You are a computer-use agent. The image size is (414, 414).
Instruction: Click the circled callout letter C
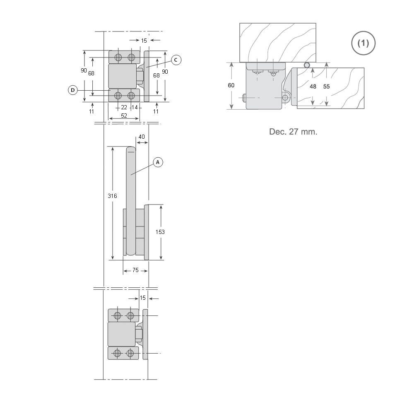pyautogui.click(x=176, y=60)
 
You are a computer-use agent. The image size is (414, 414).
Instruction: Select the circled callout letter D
pyautogui.click(x=73, y=90)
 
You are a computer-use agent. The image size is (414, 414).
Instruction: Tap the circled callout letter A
pyautogui.click(x=158, y=162)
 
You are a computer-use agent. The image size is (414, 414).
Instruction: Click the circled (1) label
pyautogui.click(x=363, y=43)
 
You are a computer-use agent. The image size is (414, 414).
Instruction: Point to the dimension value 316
pyautogui.click(x=113, y=196)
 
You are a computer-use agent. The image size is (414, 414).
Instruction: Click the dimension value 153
pyautogui.click(x=160, y=232)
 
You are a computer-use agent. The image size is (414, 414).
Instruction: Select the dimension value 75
pyautogui.click(x=135, y=270)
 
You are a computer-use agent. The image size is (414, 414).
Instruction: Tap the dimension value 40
pyautogui.click(x=142, y=137)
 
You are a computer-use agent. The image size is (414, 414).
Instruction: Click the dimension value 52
pyautogui.click(x=124, y=116)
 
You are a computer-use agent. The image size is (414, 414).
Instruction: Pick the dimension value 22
pyautogui.click(x=124, y=108)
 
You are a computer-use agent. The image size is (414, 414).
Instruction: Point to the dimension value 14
pyautogui.click(x=135, y=108)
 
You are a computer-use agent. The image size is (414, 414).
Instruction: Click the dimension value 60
pyautogui.click(x=231, y=85)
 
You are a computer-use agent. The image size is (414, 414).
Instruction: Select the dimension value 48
pyautogui.click(x=313, y=87)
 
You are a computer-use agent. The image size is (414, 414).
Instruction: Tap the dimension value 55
pyautogui.click(x=327, y=87)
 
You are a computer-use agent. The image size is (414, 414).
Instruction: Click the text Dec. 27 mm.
pyautogui.click(x=293, y=132)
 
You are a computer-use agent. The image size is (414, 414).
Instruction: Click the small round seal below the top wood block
pyautogui.click(x=307, y=65)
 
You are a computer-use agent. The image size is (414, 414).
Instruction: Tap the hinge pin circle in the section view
pyautogui.click(x=285, y=98)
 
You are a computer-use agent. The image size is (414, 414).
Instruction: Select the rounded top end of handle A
pyautogui.click(x=131, y=149)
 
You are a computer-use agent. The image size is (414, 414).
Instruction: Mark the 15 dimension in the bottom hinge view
pyautogui.click(x=142, y=298)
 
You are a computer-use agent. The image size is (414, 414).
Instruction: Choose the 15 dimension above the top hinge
pyautogui.click(x=144, y=41)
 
